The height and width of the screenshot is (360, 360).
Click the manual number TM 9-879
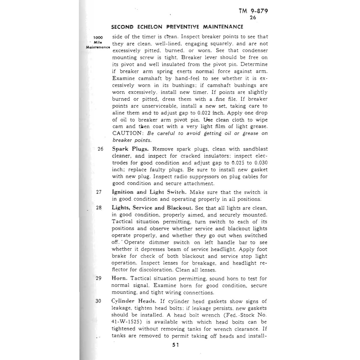(x=253, y=11)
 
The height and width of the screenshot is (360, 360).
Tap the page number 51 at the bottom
(x=176, y=345)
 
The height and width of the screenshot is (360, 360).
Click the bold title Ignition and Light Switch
(x=149, y=192)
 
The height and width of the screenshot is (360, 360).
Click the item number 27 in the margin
(x=99, y=192)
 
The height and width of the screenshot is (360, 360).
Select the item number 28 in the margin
(x=99, y=208)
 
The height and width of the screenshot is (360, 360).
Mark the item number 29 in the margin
(x=98, y=278)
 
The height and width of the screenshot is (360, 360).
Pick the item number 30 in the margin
(x=98, y=301)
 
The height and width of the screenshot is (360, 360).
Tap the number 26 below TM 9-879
(x=253, y=18)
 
